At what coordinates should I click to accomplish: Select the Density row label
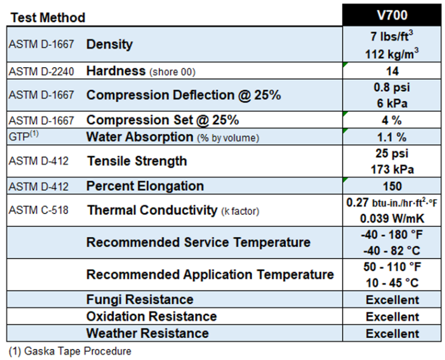pos(110,44)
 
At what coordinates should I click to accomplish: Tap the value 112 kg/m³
pos(392,54)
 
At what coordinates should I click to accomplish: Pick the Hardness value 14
pos(392,71)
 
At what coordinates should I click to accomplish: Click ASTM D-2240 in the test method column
pos(42,72)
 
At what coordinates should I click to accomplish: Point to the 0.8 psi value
pos(392,88)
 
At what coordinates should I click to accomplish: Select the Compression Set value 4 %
pos(392,120)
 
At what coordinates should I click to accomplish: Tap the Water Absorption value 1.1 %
pos(392,137)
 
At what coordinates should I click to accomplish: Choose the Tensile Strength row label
pos(137,161)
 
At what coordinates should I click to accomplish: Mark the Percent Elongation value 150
pos(392,186)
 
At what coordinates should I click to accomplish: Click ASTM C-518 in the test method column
pos(39,210)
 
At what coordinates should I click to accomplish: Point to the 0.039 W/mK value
pos(392,219)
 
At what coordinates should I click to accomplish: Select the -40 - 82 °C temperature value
pos(392,251)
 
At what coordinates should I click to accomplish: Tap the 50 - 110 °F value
pos(392,267)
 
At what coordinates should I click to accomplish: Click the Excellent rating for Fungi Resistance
pos(392,300)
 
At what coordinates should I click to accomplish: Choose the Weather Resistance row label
pos(147,333)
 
